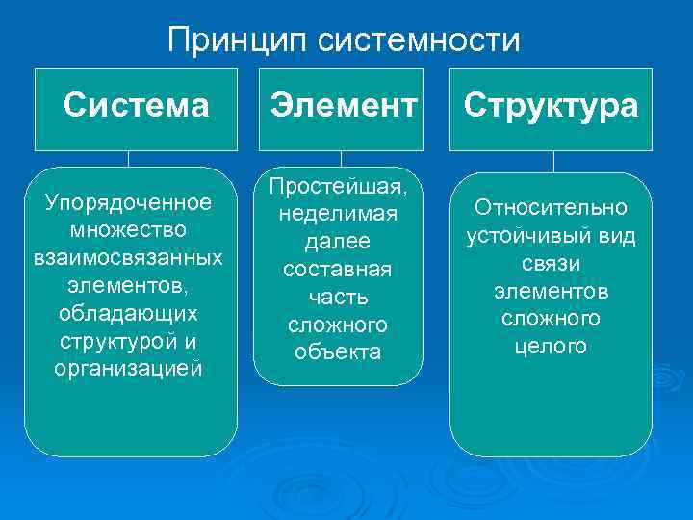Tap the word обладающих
(129, 314)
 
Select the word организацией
(129, 370)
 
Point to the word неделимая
(338, 213)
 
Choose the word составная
(338, 269)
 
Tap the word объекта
(338, 352)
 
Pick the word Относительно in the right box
(551, 208)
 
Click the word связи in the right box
(551, 263)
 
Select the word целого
(551, 347)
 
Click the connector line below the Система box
(128, 159)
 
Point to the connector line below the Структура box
(551, 161)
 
